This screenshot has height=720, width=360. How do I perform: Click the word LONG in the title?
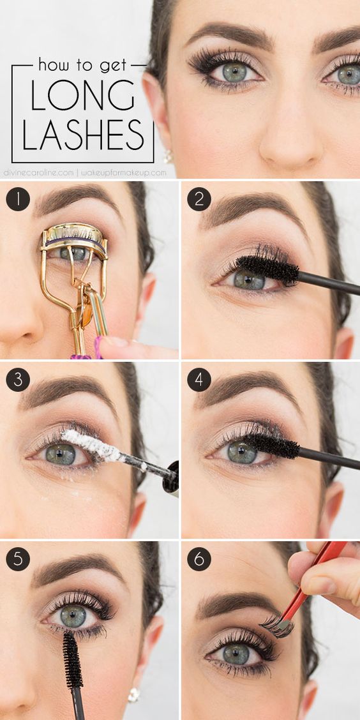pos(82,95)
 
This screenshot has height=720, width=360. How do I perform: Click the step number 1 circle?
pos(18,199)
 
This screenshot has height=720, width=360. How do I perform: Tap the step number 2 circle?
pos(199,199)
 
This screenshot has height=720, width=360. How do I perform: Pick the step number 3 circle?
pos(18,380)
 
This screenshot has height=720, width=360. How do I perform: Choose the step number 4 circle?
pos(199,380)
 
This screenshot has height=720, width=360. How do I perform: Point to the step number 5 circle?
pos(18,559)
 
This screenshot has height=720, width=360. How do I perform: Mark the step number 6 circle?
pos(199,559)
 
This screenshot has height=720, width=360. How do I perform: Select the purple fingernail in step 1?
pos(98,348)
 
